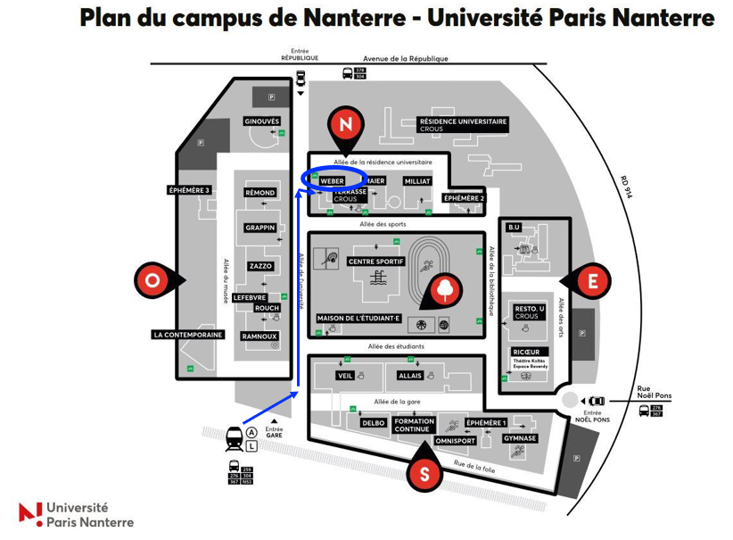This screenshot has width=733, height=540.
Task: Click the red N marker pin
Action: (x=346, y=124)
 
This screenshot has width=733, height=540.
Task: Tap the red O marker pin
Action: (x=152, y=279)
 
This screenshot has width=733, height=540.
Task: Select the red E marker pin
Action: (x=592, y=281)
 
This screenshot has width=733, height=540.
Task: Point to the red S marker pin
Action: (x=424, y=473)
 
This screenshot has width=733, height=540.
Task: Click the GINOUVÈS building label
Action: (x=261, y=121)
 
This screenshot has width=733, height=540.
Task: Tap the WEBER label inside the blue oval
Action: (x=332, y=180)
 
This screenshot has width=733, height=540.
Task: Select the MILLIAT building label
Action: (x=417, y=180)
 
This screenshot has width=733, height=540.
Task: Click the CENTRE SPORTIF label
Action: (x=375, y=262)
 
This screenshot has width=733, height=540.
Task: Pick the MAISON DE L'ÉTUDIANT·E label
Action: (x=359, y=318)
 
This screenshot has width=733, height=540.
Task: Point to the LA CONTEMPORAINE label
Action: (x=187, y=336)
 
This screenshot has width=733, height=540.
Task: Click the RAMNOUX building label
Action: (x=259, y=336)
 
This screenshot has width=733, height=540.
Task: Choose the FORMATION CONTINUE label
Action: (x=414, y=425)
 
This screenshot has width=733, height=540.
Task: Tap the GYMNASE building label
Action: (x=519, y=438)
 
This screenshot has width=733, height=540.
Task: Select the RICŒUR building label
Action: (x=525, y=352)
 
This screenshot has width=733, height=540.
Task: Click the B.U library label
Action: (x=514, y=228)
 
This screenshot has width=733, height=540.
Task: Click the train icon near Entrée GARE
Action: (x=234, y=437)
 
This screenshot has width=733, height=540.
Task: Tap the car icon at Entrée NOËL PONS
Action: (x=596, y=401)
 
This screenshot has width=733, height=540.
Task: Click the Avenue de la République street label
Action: (x=413, y=59)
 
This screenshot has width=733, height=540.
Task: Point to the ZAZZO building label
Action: (x=260, y=266)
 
